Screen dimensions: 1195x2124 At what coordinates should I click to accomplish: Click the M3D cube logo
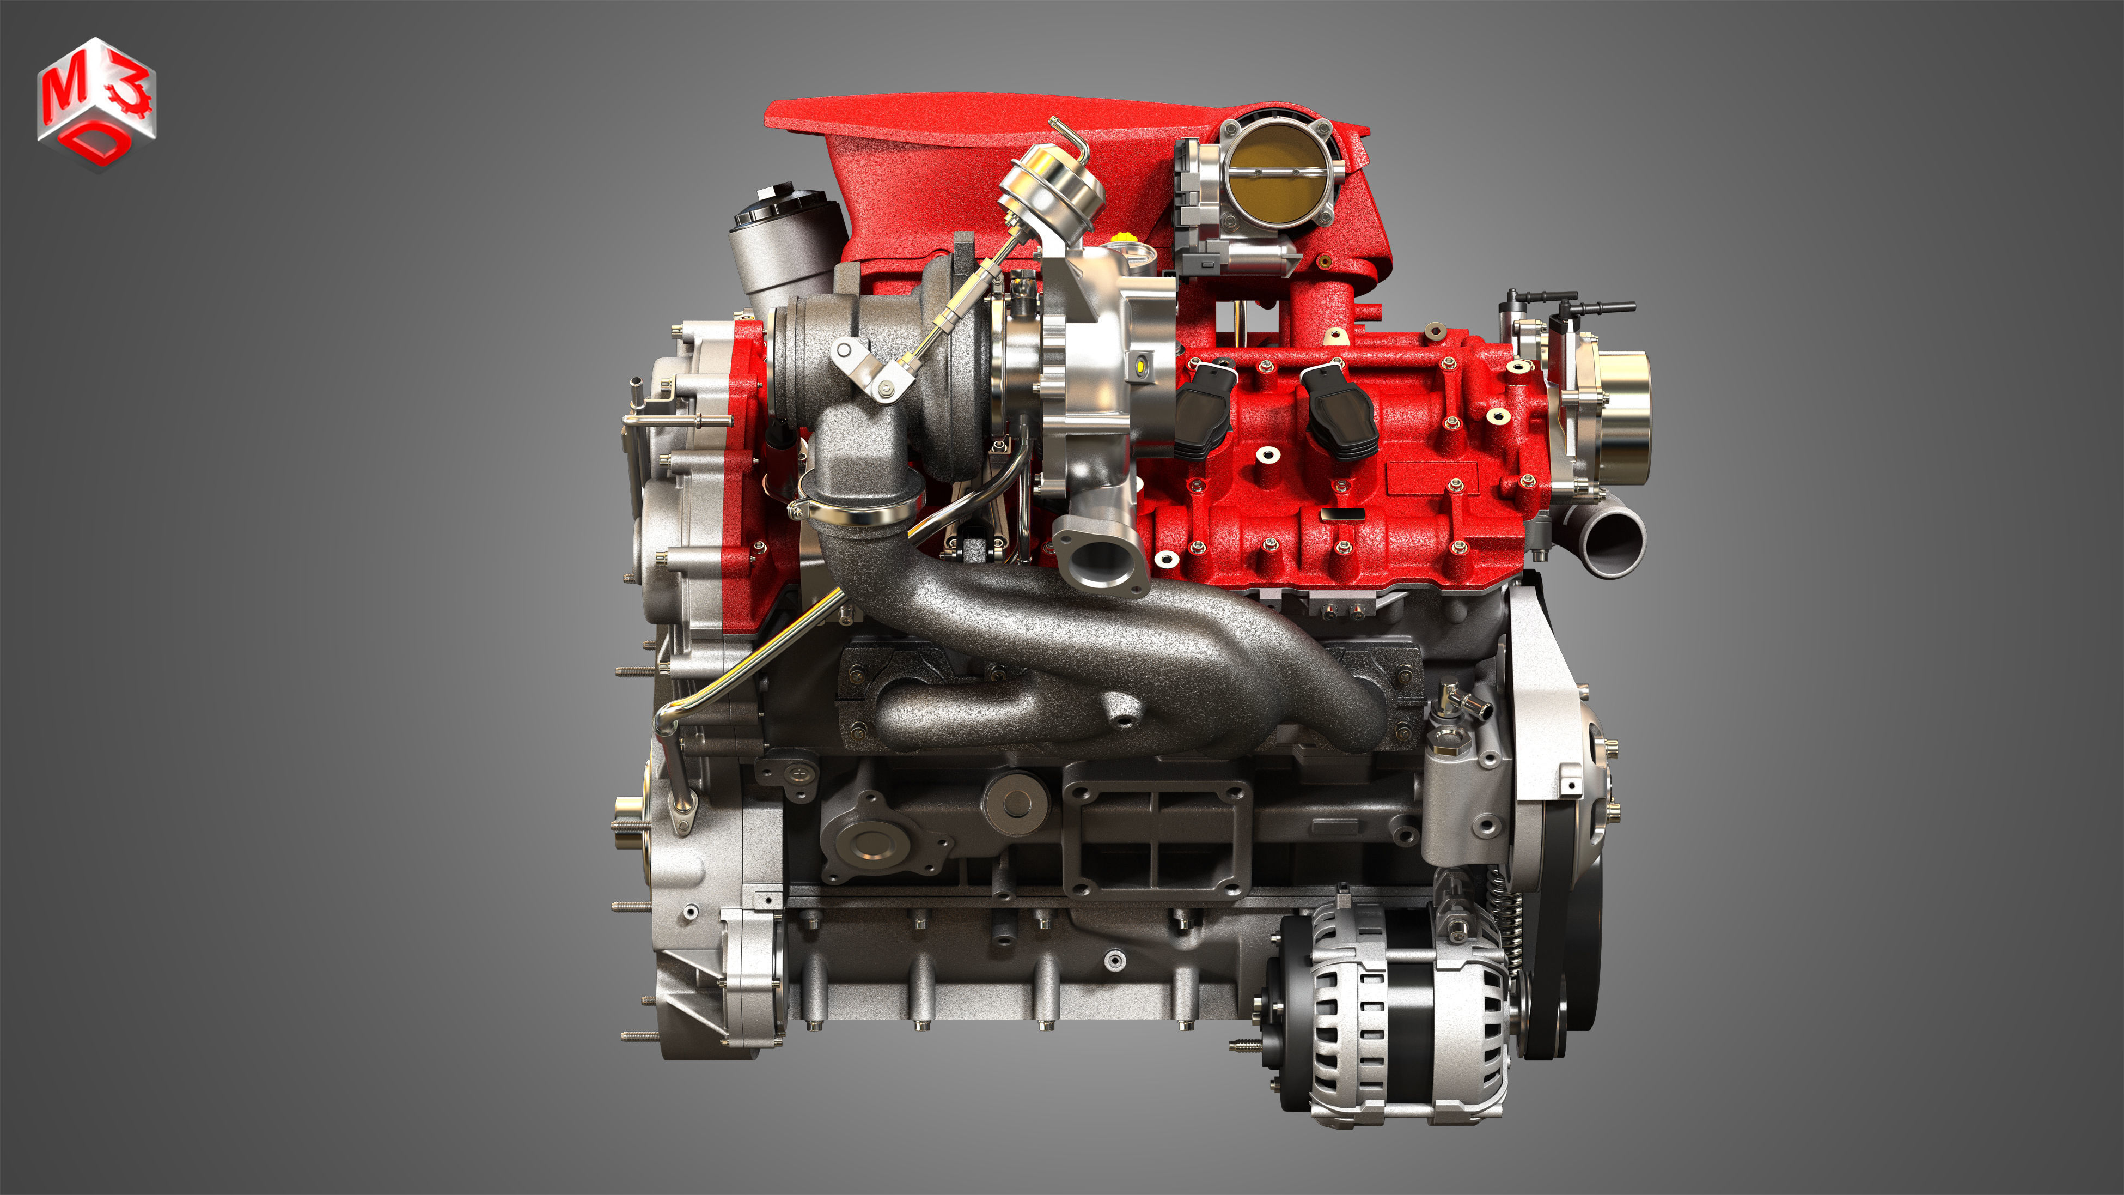tap(96, 102)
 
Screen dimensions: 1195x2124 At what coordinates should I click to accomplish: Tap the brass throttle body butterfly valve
tap(1277, 172)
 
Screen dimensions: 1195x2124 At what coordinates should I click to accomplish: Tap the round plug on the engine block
tap(1016, 799)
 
